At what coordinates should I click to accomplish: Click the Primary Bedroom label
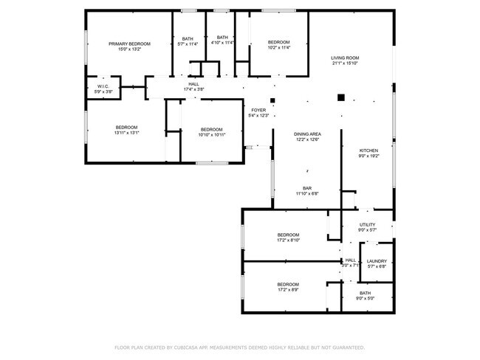click(x=129, y=44)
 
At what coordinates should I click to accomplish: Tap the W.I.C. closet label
click(x=103, y=86)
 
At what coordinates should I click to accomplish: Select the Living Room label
click(x=344, y=58)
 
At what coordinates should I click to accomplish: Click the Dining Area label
click(x=306, y=134)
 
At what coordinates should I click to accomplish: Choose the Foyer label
click(x=258, y=110)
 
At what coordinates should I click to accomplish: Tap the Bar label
click(x=306, y=188)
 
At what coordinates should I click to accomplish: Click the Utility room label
click(x=367, y=224)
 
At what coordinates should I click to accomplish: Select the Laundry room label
click(x=377, y=261)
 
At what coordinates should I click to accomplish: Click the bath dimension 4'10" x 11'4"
click(x=222, y=43)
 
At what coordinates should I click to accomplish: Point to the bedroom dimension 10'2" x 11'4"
click(x=278, y=49)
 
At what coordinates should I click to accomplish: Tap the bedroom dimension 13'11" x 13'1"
click(x=126, y=134)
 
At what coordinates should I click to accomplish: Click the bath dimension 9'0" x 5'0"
click(x=366, y=299)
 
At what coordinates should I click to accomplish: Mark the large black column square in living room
click(x=340, y=97)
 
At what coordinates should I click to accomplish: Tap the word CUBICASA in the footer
click(x=190, y=347)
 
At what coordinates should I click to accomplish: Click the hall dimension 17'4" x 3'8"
click(x=193, y=90)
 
